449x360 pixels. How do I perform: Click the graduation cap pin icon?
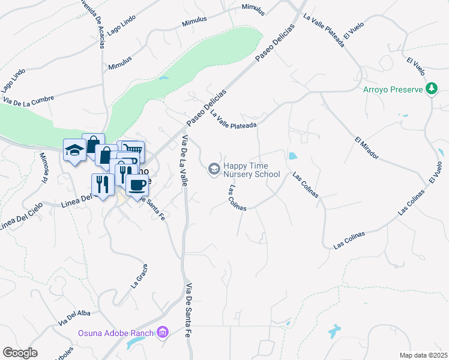coord(74,151)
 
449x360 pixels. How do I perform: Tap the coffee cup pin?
coord(137,185)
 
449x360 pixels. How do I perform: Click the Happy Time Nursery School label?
coord(251,170)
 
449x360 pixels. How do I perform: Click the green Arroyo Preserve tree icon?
coord(431,89)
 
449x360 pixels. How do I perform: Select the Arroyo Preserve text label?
coord(393,90)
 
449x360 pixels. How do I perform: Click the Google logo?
coord(20,353)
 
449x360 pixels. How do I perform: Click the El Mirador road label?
coord(367,148)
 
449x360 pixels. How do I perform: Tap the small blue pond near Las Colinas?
coord(292,156)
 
